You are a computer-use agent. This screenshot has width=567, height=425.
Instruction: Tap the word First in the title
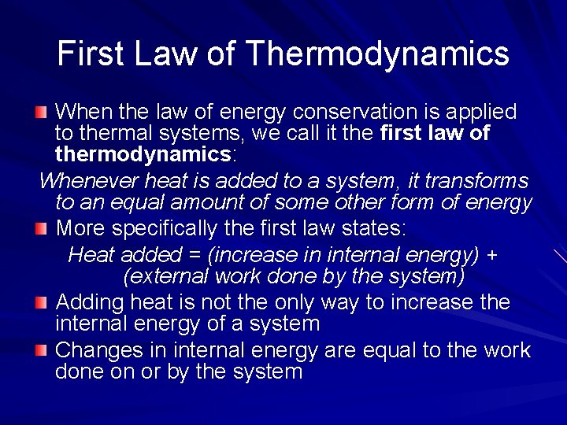[91, 54]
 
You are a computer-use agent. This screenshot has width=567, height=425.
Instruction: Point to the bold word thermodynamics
[142, 155]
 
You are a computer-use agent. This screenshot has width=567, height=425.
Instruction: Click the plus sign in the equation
[490, 256]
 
